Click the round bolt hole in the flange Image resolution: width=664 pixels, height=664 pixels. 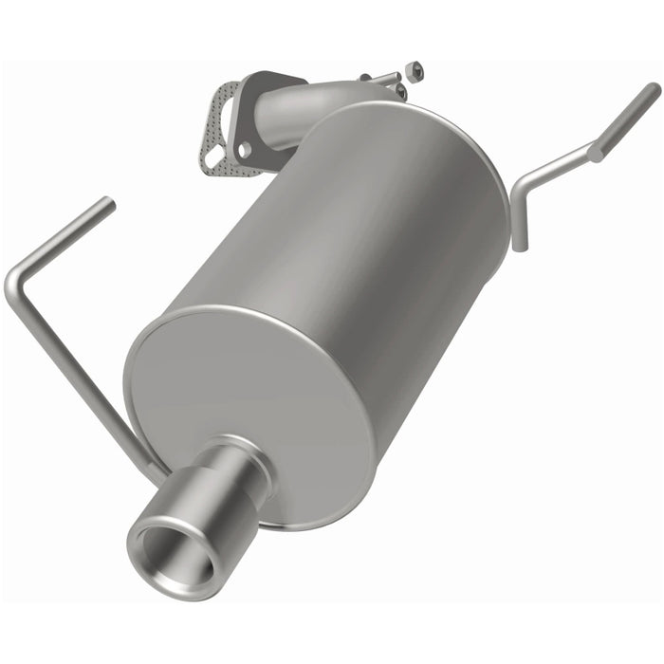[245, 150]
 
